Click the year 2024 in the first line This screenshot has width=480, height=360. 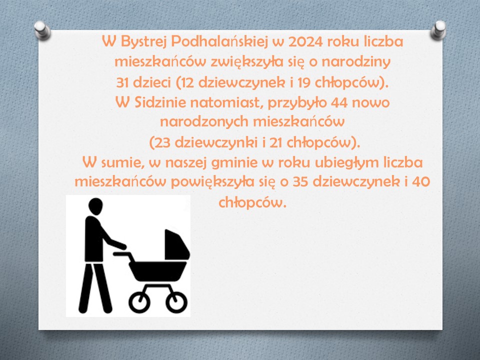click(x=305, y=41)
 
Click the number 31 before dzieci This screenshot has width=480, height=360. click(x=122, y=82)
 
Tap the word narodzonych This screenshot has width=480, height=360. click(x=204, y=122)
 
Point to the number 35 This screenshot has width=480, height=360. click(x=301, y=182)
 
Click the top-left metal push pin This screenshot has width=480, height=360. click(x=42, y=30)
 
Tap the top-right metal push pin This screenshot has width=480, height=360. click(x=438, y=30)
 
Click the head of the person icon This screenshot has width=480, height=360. click(x=95, y=205)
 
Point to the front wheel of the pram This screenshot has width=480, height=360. click(x=176, y=302)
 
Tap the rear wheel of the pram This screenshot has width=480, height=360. click(x=139, y=302)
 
